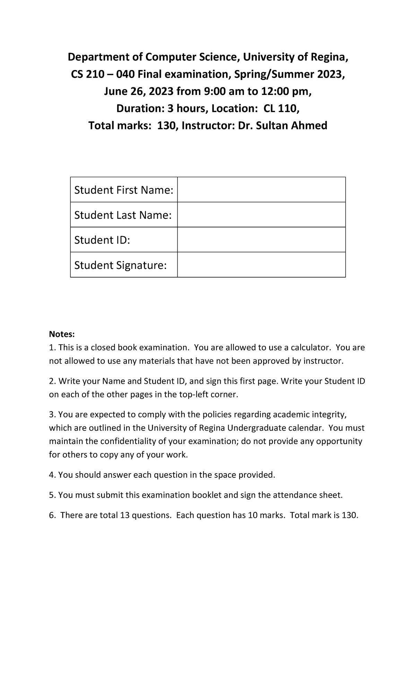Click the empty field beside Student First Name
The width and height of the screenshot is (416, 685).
[x=261, y=190]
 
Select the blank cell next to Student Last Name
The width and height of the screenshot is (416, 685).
[x=261, y=215]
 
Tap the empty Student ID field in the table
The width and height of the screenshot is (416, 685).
[x=261, y=240]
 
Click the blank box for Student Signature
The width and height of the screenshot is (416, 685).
[x=261, y=265]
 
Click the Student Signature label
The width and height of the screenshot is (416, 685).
[x=120, y=265]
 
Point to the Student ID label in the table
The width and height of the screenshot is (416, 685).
[x=102, y=240]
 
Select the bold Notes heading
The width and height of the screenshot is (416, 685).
[x=62, y=334]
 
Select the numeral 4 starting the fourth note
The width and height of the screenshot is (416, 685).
[x=51, y=475]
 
